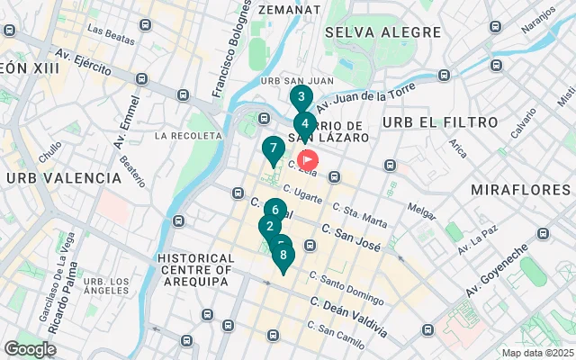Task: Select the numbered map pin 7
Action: [273, 148]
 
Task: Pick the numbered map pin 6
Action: [275, 211]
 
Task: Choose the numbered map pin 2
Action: [268, 226]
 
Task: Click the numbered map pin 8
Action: [283, 255]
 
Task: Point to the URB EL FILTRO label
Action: [440, 121]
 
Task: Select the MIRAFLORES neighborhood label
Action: [520, 190]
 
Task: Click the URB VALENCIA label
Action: [64, 178]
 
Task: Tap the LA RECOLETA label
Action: [188, 136]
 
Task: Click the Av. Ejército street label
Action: [85, 67]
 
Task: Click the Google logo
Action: [30, 349]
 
